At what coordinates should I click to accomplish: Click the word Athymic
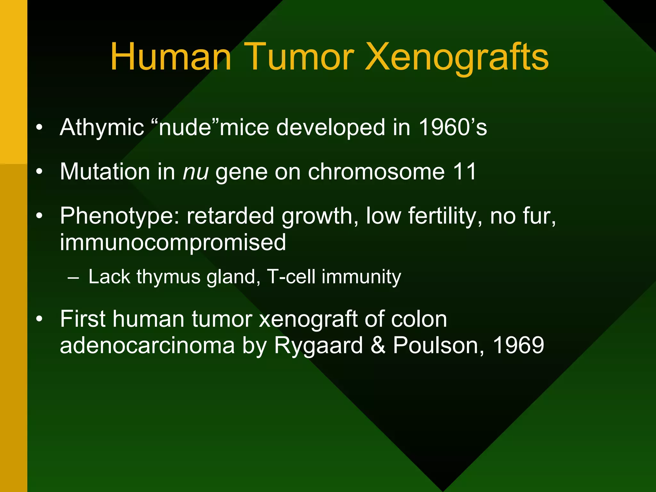point(102,128)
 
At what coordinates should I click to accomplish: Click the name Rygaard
point(318,346)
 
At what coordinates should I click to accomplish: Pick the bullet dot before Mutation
point(39,172)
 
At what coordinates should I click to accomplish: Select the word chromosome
point(376,172)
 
